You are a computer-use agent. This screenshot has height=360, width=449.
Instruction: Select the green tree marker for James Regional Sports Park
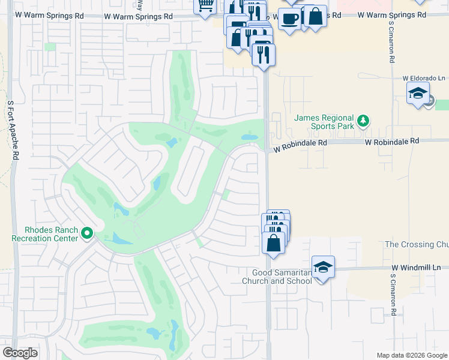click(x=363, y=121)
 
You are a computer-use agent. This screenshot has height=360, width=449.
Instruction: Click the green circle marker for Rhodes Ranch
click(x=88, y=233)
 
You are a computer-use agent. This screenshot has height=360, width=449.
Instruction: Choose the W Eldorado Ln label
click(x=424, y=78)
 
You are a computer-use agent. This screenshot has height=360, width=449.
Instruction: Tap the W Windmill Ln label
click(x=416, y=268)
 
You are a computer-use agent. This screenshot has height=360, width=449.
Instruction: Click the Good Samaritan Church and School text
click(x=277, y=277)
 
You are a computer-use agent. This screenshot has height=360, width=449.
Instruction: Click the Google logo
click(x=20, y=353)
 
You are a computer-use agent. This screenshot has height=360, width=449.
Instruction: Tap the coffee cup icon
click(x=290, y=17)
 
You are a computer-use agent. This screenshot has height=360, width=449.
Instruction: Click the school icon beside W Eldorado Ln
click(x=418, y=93)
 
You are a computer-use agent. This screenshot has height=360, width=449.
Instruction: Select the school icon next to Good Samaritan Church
click(x=323, y=266)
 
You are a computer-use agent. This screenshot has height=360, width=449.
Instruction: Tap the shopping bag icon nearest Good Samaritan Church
click(x=274, y=243)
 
